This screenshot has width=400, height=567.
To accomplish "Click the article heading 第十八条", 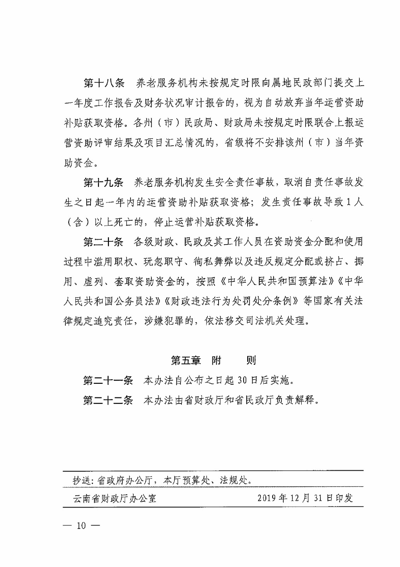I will click(104, 83).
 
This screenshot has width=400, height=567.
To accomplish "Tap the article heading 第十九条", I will click(103, 183).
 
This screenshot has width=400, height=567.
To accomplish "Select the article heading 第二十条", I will click(103, 242).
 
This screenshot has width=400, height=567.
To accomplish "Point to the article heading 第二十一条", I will click(108, 381).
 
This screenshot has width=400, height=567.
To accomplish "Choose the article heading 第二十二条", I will click(108, 400).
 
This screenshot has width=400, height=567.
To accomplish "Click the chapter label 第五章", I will click(186, 361).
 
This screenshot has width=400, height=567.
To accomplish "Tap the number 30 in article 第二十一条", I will click(242, 381).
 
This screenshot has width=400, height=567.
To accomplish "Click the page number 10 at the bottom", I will click(81, 526).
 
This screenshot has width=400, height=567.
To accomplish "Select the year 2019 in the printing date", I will click(267, 498).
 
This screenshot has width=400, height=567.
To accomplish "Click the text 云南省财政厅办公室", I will click(115, 499).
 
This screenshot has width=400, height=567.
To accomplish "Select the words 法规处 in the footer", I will click(234, 481).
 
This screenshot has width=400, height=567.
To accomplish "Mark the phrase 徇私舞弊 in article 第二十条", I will click(213, 262).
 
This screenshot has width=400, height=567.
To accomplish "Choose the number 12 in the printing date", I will click(295, 498).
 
